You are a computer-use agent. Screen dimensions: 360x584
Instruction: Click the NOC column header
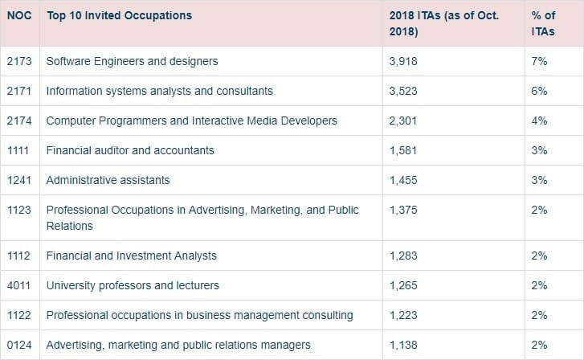point(19,15)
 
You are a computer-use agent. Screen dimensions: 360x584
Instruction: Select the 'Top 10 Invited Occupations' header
point(119,15)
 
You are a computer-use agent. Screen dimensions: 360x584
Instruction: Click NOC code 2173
point(19,61)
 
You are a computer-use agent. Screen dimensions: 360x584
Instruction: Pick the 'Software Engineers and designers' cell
point(132,61)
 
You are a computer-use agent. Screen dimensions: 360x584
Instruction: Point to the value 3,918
point(403,61)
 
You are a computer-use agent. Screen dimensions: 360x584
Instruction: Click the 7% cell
point(539,61)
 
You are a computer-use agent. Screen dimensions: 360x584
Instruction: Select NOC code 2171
point(19,91)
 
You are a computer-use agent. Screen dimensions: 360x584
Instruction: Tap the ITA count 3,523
point(403,91)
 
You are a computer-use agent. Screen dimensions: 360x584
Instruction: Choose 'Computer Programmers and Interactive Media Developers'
point(191,121)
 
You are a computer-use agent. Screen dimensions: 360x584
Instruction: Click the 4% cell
point(539,121)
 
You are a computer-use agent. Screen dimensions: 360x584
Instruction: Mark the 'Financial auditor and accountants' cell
point(130,150)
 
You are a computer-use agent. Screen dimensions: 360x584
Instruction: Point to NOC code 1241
point(19,180)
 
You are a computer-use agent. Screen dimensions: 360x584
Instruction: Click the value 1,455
point(403,180)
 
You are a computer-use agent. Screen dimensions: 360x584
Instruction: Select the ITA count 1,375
point(403,210)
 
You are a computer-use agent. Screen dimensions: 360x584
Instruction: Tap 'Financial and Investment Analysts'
point(131,256)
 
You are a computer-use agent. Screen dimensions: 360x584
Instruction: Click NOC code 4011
point(19,285)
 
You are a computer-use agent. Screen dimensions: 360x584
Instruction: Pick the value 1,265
point(403,285)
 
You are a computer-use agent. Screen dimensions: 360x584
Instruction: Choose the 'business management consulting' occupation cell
point(199,315)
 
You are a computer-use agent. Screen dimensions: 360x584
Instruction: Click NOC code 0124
point(19,345)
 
